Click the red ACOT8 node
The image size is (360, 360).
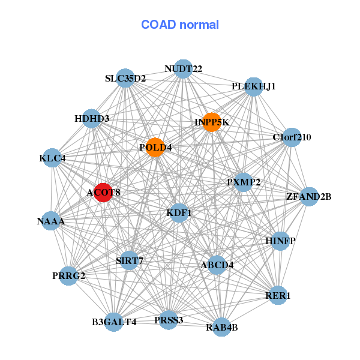pos(104,193)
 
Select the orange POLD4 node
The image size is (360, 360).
pos(155,147)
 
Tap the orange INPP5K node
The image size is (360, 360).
pos(212,122)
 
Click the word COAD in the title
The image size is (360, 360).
pos(158,25)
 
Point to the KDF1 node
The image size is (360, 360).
pos(179,213)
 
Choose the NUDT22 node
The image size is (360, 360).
pos(183,69)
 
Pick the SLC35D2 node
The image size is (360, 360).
pos(125,78)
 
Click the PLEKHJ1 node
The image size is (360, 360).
pos(254,87)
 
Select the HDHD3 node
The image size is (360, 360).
pos(92,118)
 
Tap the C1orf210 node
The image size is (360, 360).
pos(292,137)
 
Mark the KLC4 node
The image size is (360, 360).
pos(52,158)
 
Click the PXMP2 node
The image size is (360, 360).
pos(244,182)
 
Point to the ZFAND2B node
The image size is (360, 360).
pos(309,197)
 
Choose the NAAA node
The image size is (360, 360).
pos(51,221)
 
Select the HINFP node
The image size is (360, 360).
pos(280,241)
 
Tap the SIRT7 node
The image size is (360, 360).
pos(130,260)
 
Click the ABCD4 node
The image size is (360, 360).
pos(217,265)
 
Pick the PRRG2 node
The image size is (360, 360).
pos(68,276)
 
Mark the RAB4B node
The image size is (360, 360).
pos(221,327)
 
